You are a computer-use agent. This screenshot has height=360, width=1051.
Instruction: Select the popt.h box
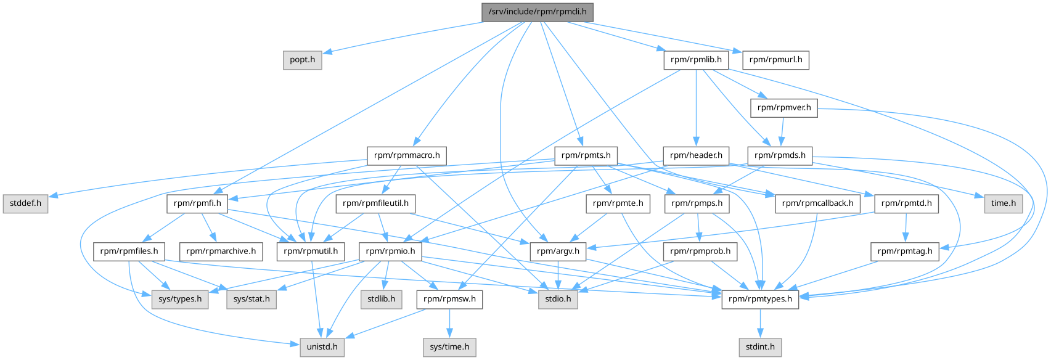(x=302, y=60)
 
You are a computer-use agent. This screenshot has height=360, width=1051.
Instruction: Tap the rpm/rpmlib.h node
(x=696, y=60)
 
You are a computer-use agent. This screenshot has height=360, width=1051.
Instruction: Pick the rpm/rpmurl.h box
(x=775, y=60)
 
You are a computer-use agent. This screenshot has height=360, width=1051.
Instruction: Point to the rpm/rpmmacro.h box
(x=407, y=155)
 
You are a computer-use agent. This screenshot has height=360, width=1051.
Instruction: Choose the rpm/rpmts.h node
(x=586, y=155)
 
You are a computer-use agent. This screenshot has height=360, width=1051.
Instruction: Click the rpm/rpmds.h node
(x=780, y=155)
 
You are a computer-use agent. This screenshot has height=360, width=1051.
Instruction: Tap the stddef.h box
(x=25, y=203)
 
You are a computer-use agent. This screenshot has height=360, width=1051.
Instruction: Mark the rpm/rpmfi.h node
(x=197, y=203)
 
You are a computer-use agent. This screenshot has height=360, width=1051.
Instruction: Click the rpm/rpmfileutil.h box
(x=375, y=203)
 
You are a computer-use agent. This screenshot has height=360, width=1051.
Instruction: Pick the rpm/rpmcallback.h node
(x=817, y=203)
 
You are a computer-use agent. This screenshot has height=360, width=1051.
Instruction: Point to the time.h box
(x=1003, y=203)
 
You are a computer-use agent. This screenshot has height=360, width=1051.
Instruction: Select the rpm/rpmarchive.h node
(x=221, y=251)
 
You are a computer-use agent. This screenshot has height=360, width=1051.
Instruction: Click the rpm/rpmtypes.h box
(x=760, y=299)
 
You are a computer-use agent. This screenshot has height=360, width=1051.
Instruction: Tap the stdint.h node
(x=760, y=347)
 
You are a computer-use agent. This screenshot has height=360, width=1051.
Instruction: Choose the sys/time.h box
(x=449, y=347)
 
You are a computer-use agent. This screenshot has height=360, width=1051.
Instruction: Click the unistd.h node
(x=322, y=347)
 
